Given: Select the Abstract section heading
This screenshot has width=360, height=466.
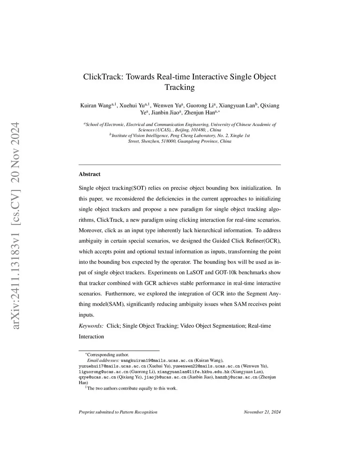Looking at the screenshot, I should click(89, 174).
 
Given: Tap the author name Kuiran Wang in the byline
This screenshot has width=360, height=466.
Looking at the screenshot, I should click(96, 106).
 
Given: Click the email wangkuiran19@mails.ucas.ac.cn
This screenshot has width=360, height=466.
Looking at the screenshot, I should click(157, 360).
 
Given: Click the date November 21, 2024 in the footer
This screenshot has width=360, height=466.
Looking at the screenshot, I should click(262, 412).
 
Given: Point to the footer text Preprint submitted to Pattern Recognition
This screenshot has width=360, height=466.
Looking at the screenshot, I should click(118, 412).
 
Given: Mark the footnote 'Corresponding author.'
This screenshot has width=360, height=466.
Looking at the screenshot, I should click(108, 355).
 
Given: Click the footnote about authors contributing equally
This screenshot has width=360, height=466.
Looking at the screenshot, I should click(132, 388).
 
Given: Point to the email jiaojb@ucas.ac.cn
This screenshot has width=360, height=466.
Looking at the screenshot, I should click(165, 377).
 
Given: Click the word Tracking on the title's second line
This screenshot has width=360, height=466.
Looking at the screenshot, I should click(180, 87).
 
